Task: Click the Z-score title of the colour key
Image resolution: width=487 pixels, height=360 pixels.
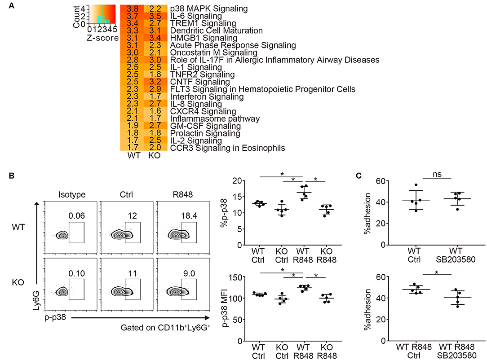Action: coord(103,38)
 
